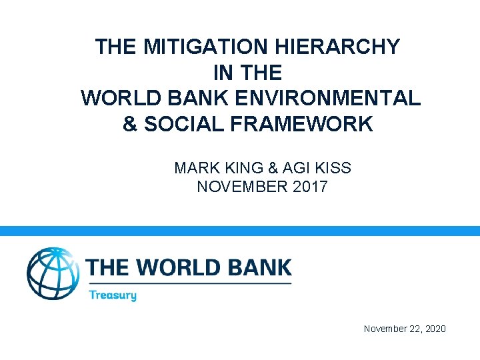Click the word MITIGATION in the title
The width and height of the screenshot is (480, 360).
click(x=198, y=47)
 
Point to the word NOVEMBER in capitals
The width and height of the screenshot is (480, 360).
click(x=243, y=186)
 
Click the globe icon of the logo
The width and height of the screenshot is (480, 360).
click(x=52, y=273)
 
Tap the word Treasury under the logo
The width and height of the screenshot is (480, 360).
click(x=112, y=295)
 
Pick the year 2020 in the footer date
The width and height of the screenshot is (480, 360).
click(x=433, y=329)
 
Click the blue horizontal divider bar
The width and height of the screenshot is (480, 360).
click(x=240, y=231)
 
